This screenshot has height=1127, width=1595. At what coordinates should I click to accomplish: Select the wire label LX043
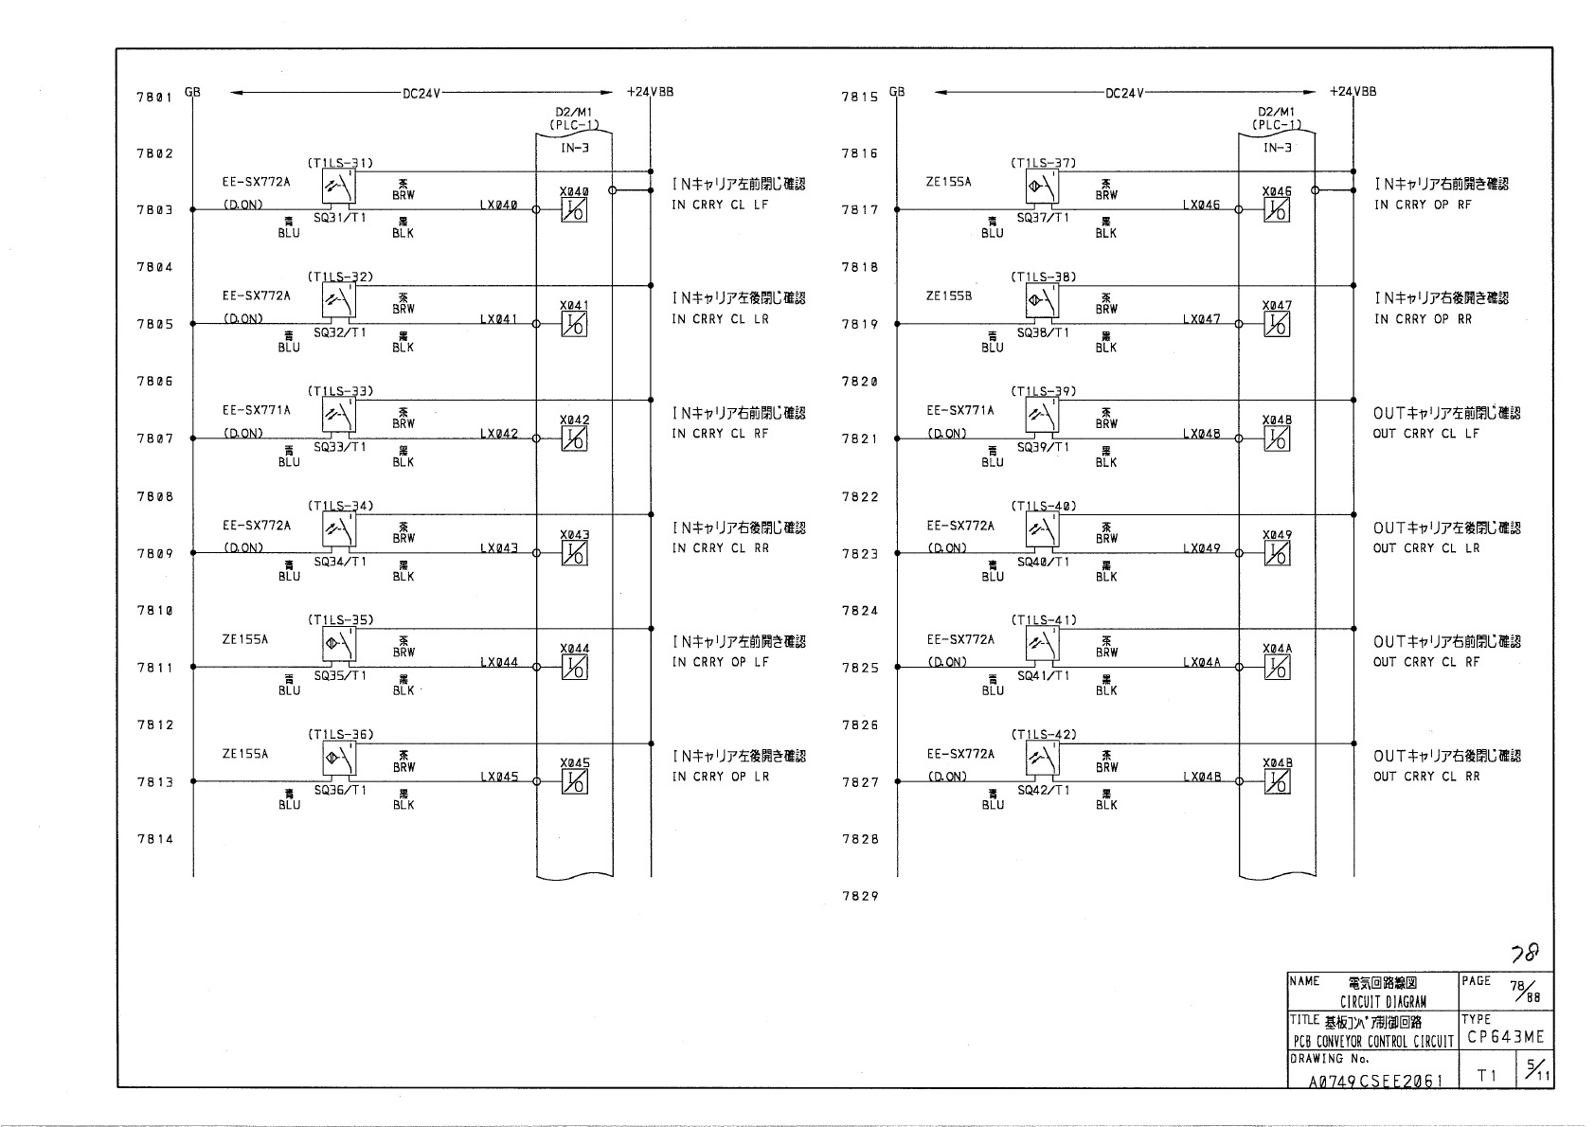[498, 548]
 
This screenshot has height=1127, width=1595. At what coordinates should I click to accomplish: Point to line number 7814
[154, 839]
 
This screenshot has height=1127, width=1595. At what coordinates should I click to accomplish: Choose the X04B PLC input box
[1277, 782]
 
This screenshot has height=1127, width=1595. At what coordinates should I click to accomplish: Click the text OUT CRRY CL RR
[1425, 777]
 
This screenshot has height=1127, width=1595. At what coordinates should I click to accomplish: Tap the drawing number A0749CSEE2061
[1376, 1081]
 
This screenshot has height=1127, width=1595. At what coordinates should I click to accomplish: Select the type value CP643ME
[1505, 1037]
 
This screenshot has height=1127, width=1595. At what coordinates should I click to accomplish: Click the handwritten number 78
[1525, 951]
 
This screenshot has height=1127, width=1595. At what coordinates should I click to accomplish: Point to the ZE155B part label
[948, 296]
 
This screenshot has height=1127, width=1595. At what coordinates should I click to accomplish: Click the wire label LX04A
[1201, 663]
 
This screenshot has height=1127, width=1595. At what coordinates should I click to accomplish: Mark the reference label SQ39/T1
[1043, 447]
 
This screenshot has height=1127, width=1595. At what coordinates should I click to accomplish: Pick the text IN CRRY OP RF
[1423, 205]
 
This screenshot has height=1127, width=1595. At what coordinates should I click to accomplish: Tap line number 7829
[859, 896]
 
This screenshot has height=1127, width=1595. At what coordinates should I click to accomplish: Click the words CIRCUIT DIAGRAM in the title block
[1383, 1001]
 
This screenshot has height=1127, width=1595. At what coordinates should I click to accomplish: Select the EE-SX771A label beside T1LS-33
[256, 411]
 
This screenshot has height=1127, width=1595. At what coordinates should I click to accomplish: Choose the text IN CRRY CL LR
[720, 319]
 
